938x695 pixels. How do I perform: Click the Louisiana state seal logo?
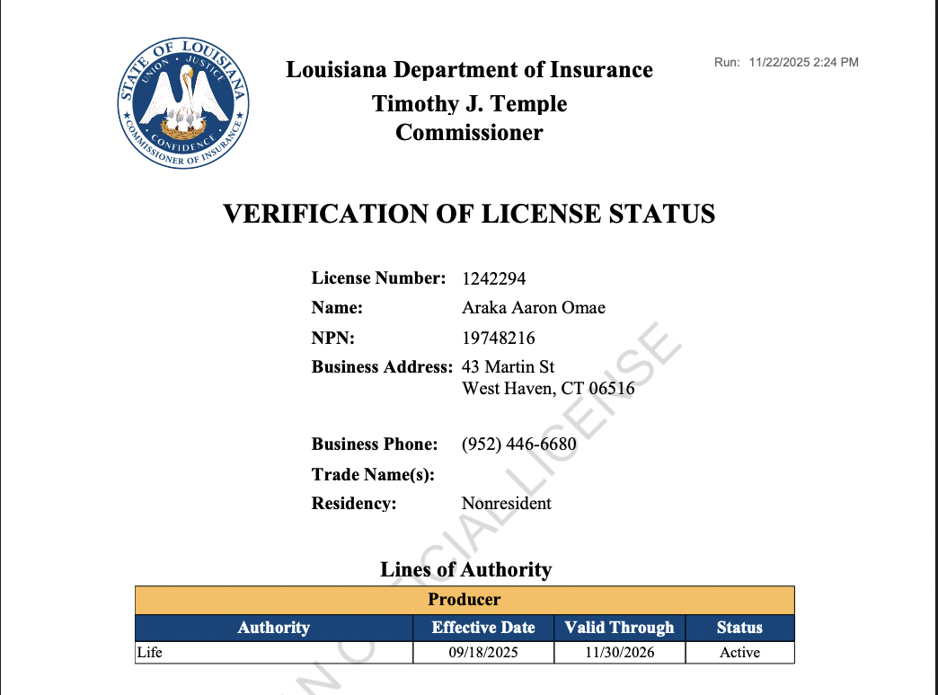183,101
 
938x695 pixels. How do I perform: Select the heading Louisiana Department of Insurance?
469,70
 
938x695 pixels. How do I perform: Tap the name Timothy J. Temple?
469,103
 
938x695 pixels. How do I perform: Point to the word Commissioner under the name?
469,134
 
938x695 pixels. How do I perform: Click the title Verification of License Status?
468,214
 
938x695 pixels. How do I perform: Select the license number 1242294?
493,278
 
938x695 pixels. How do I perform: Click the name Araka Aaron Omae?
534,308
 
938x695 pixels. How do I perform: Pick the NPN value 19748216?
499,339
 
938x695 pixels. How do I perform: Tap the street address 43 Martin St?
508,367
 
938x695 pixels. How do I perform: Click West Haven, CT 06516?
548,390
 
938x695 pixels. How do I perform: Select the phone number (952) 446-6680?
518,444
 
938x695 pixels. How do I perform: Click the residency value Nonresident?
507,504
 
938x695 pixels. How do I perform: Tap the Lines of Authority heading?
465,569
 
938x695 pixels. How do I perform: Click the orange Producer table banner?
465,599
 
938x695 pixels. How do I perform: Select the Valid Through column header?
619,628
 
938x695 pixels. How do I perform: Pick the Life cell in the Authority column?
150,653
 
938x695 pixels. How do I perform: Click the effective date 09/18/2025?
483,653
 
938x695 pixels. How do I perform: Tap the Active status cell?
739,653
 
